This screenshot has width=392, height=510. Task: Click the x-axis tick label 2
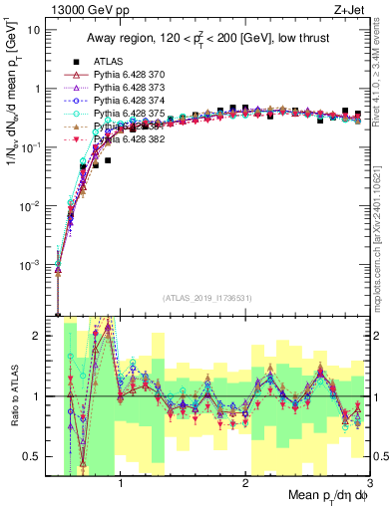245,482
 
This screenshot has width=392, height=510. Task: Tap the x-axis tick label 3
368,482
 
